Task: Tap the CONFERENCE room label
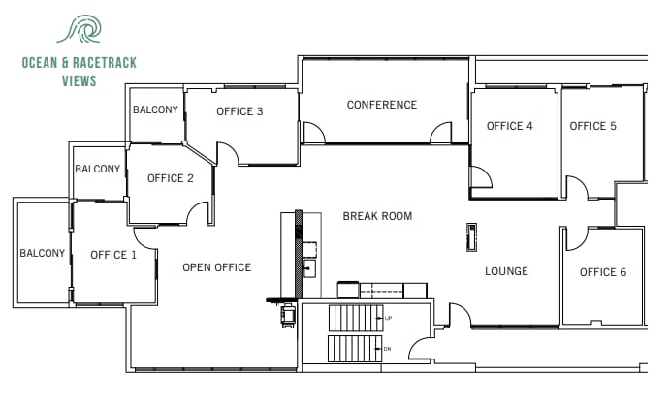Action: [382, 105]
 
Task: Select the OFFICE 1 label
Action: [113, 255]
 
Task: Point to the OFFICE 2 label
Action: [171, 178]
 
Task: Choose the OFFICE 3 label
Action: [239, 111]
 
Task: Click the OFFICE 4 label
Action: [509, 126]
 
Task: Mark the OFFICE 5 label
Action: [592, 126]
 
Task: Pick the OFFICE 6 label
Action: [603, 272]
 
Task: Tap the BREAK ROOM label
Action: [377, 216]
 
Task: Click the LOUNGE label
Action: [506, 271]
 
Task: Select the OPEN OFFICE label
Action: [216, 267]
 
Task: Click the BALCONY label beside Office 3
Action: [155, 109]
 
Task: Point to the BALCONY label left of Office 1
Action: [42, 254]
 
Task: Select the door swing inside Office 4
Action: [480, 177]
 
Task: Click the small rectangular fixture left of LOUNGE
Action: [471, 236]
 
